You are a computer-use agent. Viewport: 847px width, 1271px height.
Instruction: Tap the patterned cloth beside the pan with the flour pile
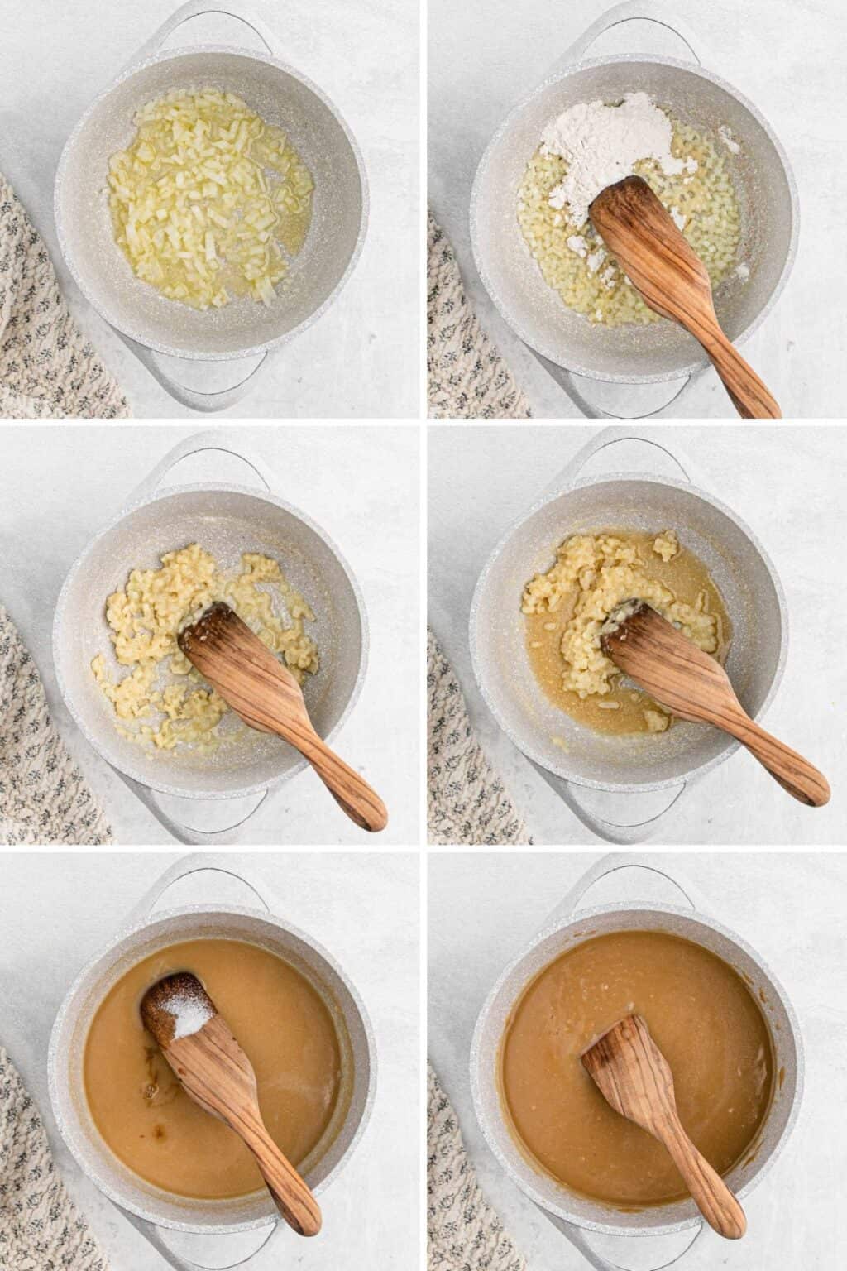[467, 331]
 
